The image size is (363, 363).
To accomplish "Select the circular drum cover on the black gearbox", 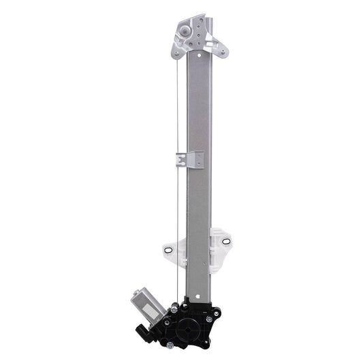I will click(x=188, y=326).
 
